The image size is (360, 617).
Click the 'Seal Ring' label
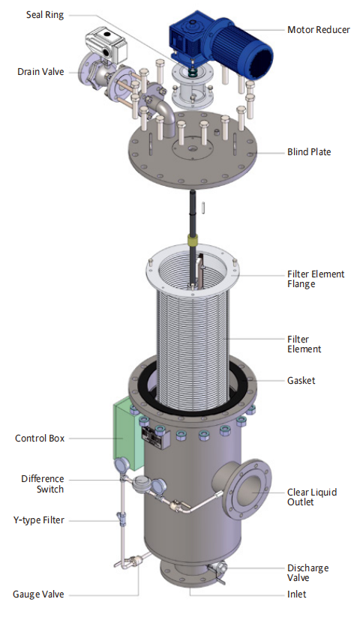pos(44,15)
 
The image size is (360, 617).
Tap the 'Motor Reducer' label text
pos(318,30)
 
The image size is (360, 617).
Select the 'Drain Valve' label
pos(40,72)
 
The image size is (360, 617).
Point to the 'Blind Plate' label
pos(309,152)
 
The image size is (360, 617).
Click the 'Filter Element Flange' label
pos(316,279)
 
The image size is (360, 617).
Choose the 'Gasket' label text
pos(301,381)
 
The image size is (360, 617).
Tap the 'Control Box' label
pos(40,438)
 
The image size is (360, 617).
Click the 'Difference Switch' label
pos(43,484)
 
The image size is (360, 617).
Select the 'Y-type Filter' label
pos(38,520)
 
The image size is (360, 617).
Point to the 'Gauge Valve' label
pos(38,595)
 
